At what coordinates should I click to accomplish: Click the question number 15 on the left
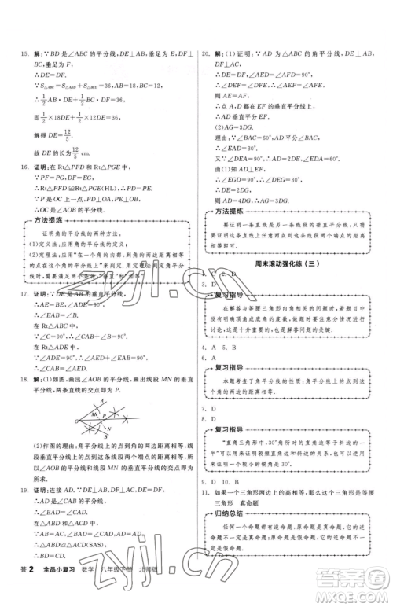[17, 54]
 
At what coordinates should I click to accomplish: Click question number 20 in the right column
[205, 54]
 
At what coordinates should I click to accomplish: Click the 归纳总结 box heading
[233, 535]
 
